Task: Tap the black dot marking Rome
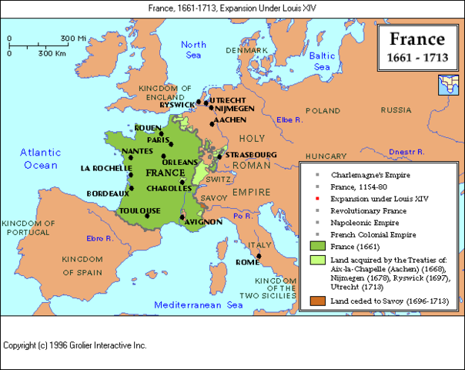point(259,256)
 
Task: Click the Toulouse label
point(140,210)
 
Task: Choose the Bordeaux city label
point(106,193)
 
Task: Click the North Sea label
point(194,50)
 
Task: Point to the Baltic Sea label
point(324,62)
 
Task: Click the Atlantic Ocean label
point(39,159)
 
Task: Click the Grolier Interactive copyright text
point(75,346)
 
